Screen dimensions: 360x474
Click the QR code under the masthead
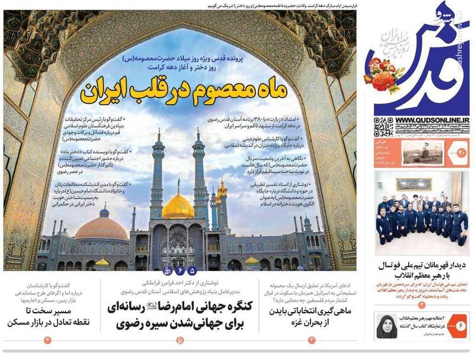pos(381,128)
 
